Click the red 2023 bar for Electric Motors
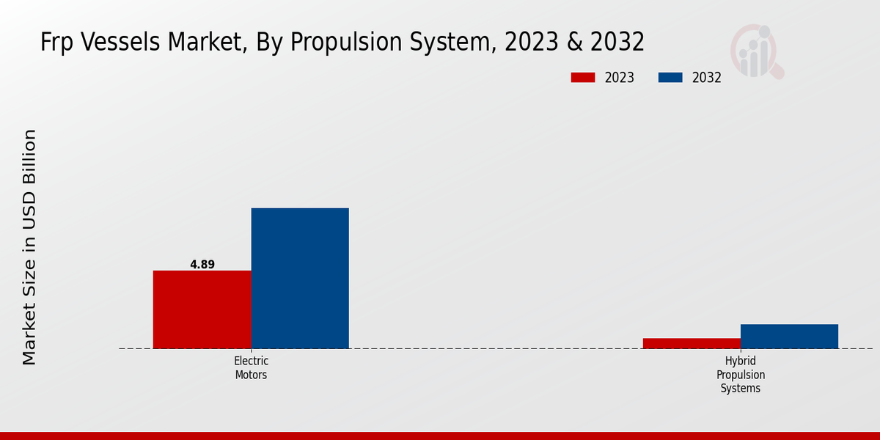(x=202, y=309)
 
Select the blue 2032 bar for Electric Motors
(x=300, y=278)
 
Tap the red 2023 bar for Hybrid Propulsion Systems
(x=692, y=343)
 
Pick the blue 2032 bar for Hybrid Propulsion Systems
(x=789, y=336)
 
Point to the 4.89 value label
(x=202, y=265)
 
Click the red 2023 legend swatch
(x=583, y=78)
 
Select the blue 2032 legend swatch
(x=670, y=78)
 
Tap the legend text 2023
(x=620, y=78)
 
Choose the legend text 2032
(x=707, y=78)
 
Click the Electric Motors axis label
(x=251, y=367)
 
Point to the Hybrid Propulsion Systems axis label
(x=741, y=375)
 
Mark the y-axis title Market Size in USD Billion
(x=29, y=247)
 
